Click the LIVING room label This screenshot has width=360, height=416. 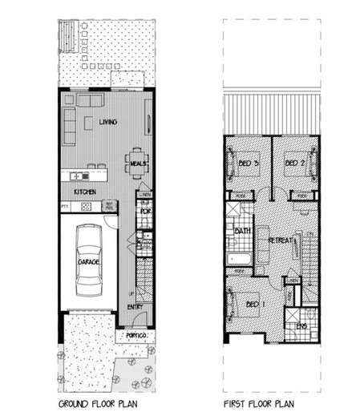click(x=108, y=122)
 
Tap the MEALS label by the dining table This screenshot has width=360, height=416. click(x=136, y=164)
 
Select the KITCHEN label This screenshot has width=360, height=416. click(x=85, y=193)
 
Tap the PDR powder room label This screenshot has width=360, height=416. click(x=145, y=212)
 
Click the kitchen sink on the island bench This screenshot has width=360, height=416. click(x=78, y=176)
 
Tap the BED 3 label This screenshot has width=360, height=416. click(x=249, y=164)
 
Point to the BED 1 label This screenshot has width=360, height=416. click(x=253, y=305)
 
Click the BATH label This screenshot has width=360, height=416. click(x=240, y=232)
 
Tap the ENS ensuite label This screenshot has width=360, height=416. click(x=302, y=327)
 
